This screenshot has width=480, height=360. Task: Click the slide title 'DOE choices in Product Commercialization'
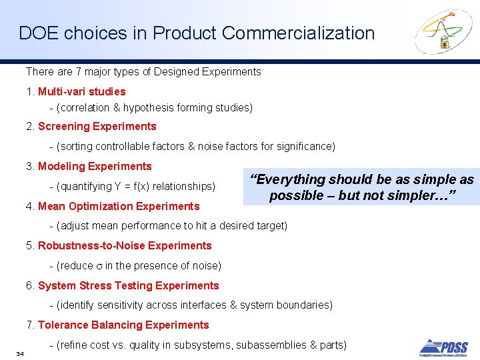click(x=197, y=33)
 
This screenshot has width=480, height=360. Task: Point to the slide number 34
click(x=20, y=353)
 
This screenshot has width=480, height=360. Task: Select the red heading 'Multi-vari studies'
click(x=81, y=91)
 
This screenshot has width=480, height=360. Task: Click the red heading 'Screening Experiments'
click(x=97, y=126)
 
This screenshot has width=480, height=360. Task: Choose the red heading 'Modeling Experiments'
click(x=95, y=166)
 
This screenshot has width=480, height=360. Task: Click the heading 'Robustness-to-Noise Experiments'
click(x=125, y=245)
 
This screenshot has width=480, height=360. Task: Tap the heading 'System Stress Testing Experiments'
click(x=128, y=285)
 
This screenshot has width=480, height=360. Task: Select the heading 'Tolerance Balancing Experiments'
click(x=123, y=325)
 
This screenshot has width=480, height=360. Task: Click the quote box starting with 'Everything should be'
click(x=361, y=187)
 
